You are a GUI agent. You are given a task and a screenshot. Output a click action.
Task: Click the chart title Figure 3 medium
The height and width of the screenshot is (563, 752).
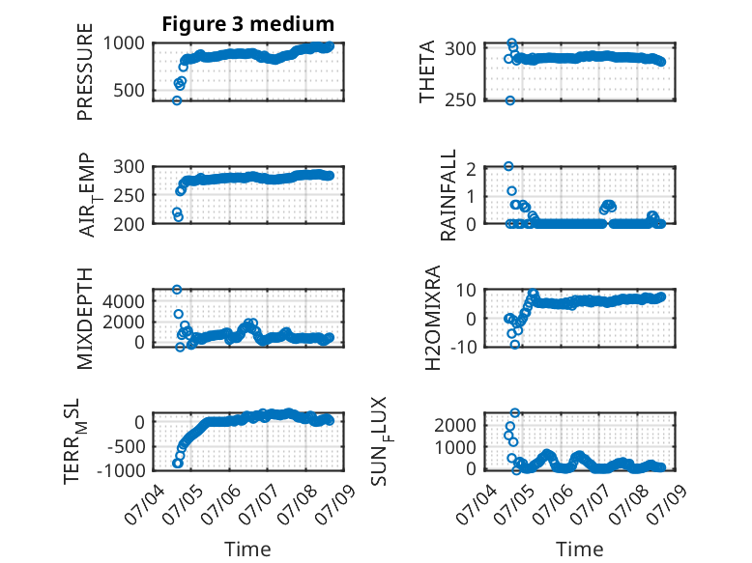[x=248, y=24]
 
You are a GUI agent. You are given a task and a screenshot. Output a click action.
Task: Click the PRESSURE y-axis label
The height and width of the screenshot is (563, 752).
[x=85, y=71]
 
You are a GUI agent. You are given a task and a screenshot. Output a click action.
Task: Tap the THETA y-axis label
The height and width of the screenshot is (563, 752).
[x=426, y=71]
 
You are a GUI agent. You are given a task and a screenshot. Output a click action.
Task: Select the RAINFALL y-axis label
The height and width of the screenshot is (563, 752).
[x=448, y=195]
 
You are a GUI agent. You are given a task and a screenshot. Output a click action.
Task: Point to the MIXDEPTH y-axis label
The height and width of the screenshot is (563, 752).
[x=85, y=319]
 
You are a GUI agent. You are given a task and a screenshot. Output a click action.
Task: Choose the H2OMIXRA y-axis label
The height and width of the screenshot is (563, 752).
[x=433, y=318]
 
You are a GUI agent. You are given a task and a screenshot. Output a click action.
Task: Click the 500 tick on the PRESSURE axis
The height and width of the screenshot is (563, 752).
[x=129, y=90]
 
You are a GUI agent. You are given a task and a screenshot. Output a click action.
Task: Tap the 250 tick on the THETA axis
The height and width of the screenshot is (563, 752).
[x=460, y=100]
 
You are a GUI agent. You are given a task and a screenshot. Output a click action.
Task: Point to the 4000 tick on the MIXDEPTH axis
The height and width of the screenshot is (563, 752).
[x=124, y=301]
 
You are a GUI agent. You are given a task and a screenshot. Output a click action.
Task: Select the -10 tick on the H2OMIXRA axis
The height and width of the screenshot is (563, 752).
[x=463, y=347]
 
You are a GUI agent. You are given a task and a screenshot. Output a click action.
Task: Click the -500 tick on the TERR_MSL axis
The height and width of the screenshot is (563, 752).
[x=124, y=446]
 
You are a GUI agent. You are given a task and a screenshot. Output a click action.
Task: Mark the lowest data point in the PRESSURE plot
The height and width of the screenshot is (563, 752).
[x=177, y=100]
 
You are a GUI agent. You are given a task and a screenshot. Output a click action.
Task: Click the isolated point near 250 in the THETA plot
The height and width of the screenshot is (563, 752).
[x=510, y=100]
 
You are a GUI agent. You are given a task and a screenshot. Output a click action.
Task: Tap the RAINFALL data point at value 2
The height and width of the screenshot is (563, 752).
[x=508, y=166]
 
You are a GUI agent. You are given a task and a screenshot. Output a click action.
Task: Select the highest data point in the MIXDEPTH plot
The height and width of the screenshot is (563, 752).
[x=177, y=290]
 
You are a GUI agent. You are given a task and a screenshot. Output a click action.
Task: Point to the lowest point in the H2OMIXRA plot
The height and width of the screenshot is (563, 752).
[x=515, y=345]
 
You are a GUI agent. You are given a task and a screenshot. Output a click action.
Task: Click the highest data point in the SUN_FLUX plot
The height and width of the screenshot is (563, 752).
[x=515, y=412]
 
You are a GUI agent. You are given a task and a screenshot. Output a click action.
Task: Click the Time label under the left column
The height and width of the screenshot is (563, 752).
[x=247, y=549]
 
